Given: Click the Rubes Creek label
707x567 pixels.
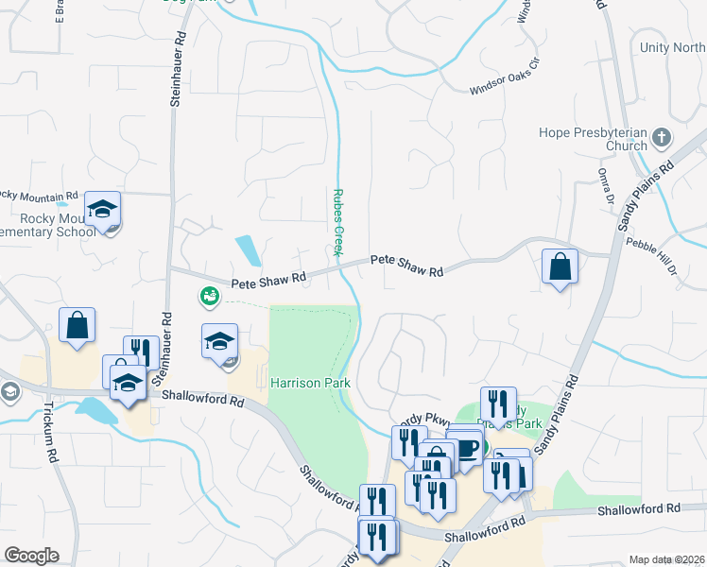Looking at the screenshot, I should [336, 222].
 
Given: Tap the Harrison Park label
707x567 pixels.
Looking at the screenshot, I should [310, 383].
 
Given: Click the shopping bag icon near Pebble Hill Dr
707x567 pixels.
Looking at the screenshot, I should [560, 266].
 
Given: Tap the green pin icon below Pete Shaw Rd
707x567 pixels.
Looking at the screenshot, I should [207, 298].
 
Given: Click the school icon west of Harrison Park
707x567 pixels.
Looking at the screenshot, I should [220, 341].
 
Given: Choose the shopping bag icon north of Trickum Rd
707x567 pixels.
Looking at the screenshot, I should [77, 325].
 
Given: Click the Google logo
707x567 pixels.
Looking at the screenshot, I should [31, 556].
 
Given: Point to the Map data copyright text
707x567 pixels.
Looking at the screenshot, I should [665, 559].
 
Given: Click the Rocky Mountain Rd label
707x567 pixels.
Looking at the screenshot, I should [38, 195].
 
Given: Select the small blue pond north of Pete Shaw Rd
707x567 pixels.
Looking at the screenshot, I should [248, 249].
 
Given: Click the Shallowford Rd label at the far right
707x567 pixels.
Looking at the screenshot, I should [638, 509].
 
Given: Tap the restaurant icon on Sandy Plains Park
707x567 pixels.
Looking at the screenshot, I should [498, 404].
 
